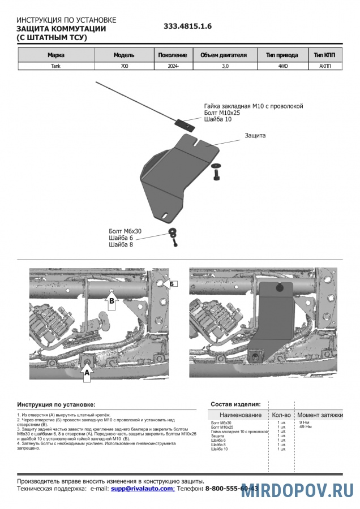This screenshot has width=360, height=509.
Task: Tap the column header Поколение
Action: coord(172,55)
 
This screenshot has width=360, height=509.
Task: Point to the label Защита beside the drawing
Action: coord(255,136)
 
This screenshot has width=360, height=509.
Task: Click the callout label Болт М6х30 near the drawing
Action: coord(124,231)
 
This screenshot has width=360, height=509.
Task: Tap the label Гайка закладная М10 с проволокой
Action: coord(254,106)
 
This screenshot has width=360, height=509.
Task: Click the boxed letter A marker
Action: coord(87,373)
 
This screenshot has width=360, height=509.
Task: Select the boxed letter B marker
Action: coord(112,301)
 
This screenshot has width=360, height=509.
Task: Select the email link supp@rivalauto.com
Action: coord(142,488)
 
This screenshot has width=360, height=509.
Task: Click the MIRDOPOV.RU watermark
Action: coord(297,490)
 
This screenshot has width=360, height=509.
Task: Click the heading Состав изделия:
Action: coord(235,404)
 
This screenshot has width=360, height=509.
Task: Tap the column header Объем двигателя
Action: coord(224,55)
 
